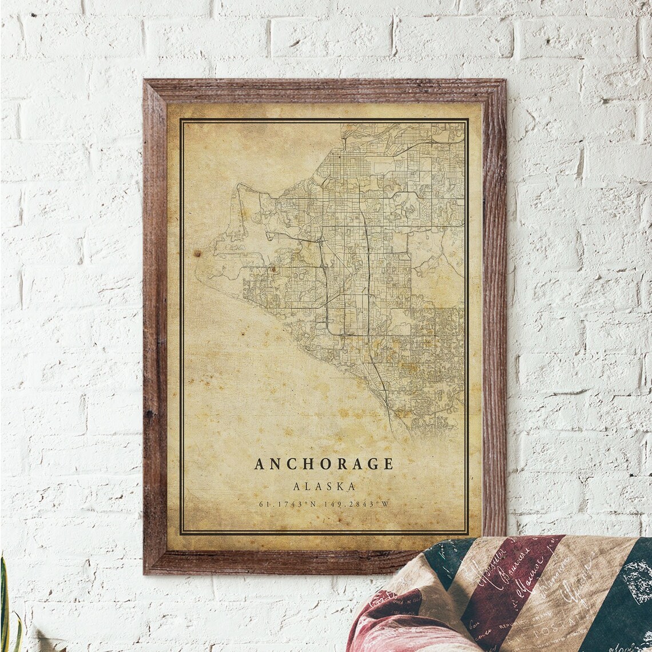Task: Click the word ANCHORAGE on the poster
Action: tap(324, 464)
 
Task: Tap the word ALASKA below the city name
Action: tap(324, 487)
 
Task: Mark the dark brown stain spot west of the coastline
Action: tap(197, 253)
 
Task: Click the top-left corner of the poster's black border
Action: tap(181, 120)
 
